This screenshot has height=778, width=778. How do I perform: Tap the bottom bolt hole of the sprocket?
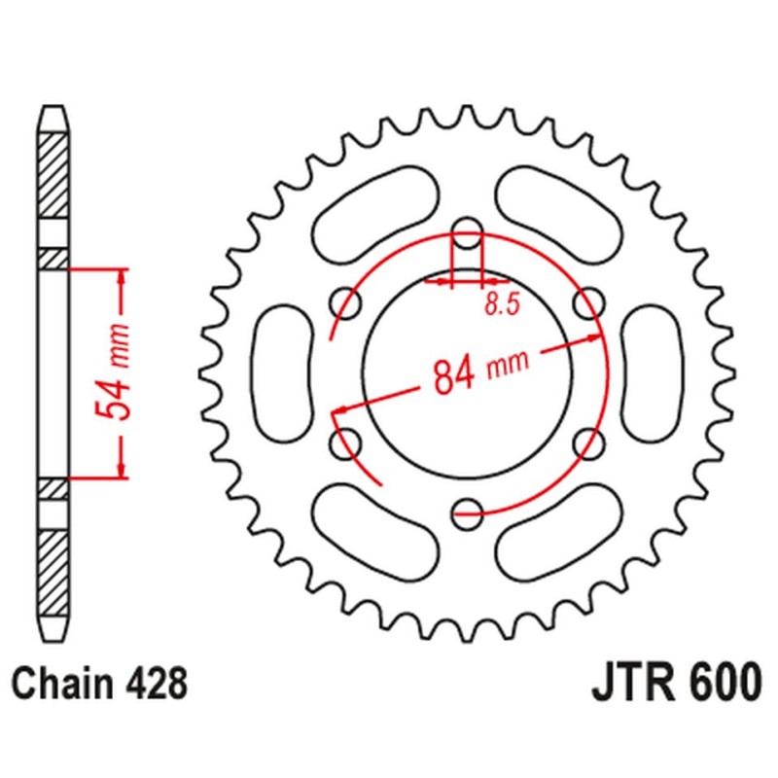click(x=468, y=508)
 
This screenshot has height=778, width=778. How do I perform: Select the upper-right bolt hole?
click(x=587, y=303)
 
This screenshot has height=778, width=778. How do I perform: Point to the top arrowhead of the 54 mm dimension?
click(x=122, y=276)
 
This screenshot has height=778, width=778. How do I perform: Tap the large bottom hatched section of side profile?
click(x=54, y=563)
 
